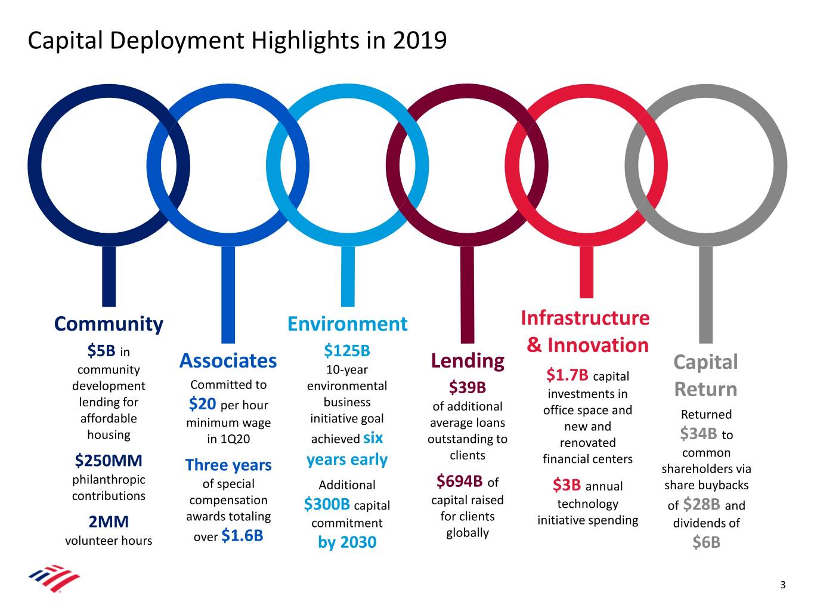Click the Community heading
click(109, 324)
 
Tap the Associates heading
click(228, 361)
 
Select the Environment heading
click(347, 324)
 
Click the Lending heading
click(468, 361)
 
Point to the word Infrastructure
click(585, 318)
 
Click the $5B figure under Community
click(101, 350)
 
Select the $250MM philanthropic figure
click(109, 461)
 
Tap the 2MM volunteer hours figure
click(109, 522)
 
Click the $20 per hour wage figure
click(202, 404)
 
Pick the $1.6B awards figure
click(242, 536)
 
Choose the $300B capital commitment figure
click(327, 505)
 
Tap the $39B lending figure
click(468, 388)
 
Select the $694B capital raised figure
click(459, 481)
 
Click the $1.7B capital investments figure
click(567, 375)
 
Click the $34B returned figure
click(698, 433)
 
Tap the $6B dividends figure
click(707, 542)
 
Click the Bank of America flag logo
click(54, 578)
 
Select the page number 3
click(783, 585)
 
